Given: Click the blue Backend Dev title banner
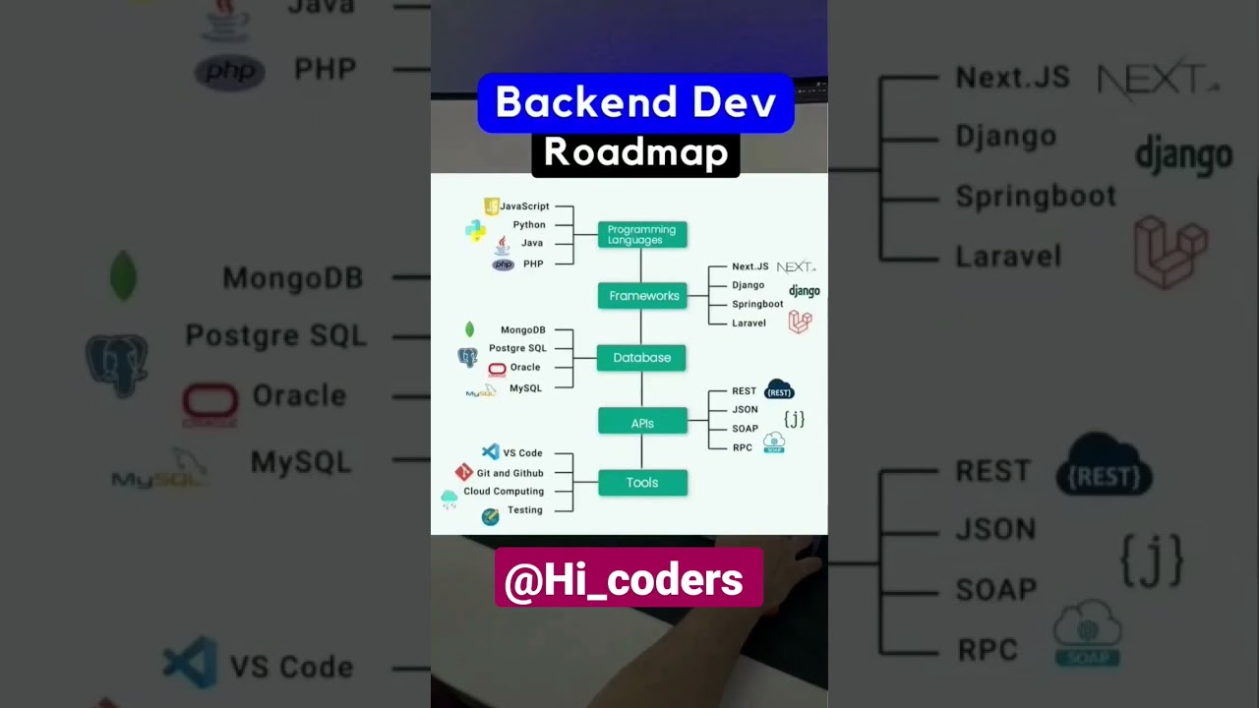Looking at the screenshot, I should point(635,102).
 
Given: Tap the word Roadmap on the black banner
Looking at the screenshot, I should point(635,153).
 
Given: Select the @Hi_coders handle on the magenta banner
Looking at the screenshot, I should point(624,580).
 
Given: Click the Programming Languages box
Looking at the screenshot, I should point(641,235).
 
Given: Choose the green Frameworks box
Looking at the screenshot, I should point(642,296).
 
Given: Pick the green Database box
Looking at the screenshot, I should point(641,358).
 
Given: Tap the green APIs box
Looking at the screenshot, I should point(642,423).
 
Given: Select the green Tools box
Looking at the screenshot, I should point(642,483).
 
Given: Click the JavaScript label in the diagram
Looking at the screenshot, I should point(524,206).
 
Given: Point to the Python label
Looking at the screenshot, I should point(529,225).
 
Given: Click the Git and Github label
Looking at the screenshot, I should point(510,473).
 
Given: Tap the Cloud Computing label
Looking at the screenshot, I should point(504,492).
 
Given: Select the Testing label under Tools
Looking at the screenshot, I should point(524,510).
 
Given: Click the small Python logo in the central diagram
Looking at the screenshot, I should point(475,230).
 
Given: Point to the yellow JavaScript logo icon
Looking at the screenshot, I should point(492,206).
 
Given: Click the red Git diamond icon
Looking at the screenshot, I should point(464,472).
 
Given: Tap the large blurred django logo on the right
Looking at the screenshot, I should point(1183,155).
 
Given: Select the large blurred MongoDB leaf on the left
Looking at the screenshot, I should point(123,275).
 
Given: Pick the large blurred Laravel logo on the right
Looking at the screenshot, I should point(1170,252).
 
